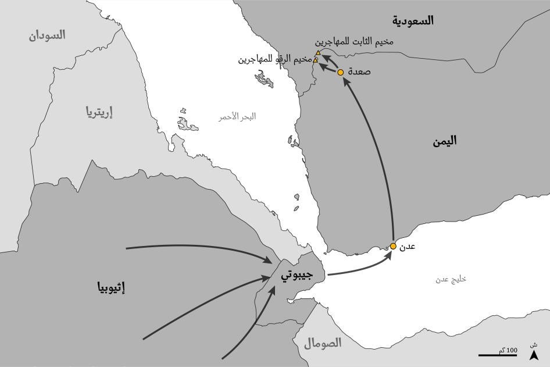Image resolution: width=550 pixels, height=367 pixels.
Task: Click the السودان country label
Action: tap(47, 35)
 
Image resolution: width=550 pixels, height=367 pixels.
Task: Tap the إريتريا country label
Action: tap(99, 112)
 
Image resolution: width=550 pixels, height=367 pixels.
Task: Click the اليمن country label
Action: tap(444, 140)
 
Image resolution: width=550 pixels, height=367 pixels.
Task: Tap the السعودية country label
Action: tap(413, 20)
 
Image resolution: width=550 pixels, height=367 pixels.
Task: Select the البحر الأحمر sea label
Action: tap(237, 116)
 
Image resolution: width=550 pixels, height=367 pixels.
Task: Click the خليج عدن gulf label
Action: tap(451, 280)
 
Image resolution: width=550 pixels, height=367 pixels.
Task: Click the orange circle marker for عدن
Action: tap(393, 247)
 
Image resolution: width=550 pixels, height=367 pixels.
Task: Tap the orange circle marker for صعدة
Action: tap(341, 72)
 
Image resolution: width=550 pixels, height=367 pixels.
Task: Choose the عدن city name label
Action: tap(409, 246)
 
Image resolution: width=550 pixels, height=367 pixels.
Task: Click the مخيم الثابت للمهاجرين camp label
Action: tap(353, 42)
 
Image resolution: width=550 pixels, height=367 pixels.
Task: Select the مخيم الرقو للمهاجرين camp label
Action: tap(274, 59)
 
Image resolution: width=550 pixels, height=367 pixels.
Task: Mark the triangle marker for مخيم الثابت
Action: tap(318, 53)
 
